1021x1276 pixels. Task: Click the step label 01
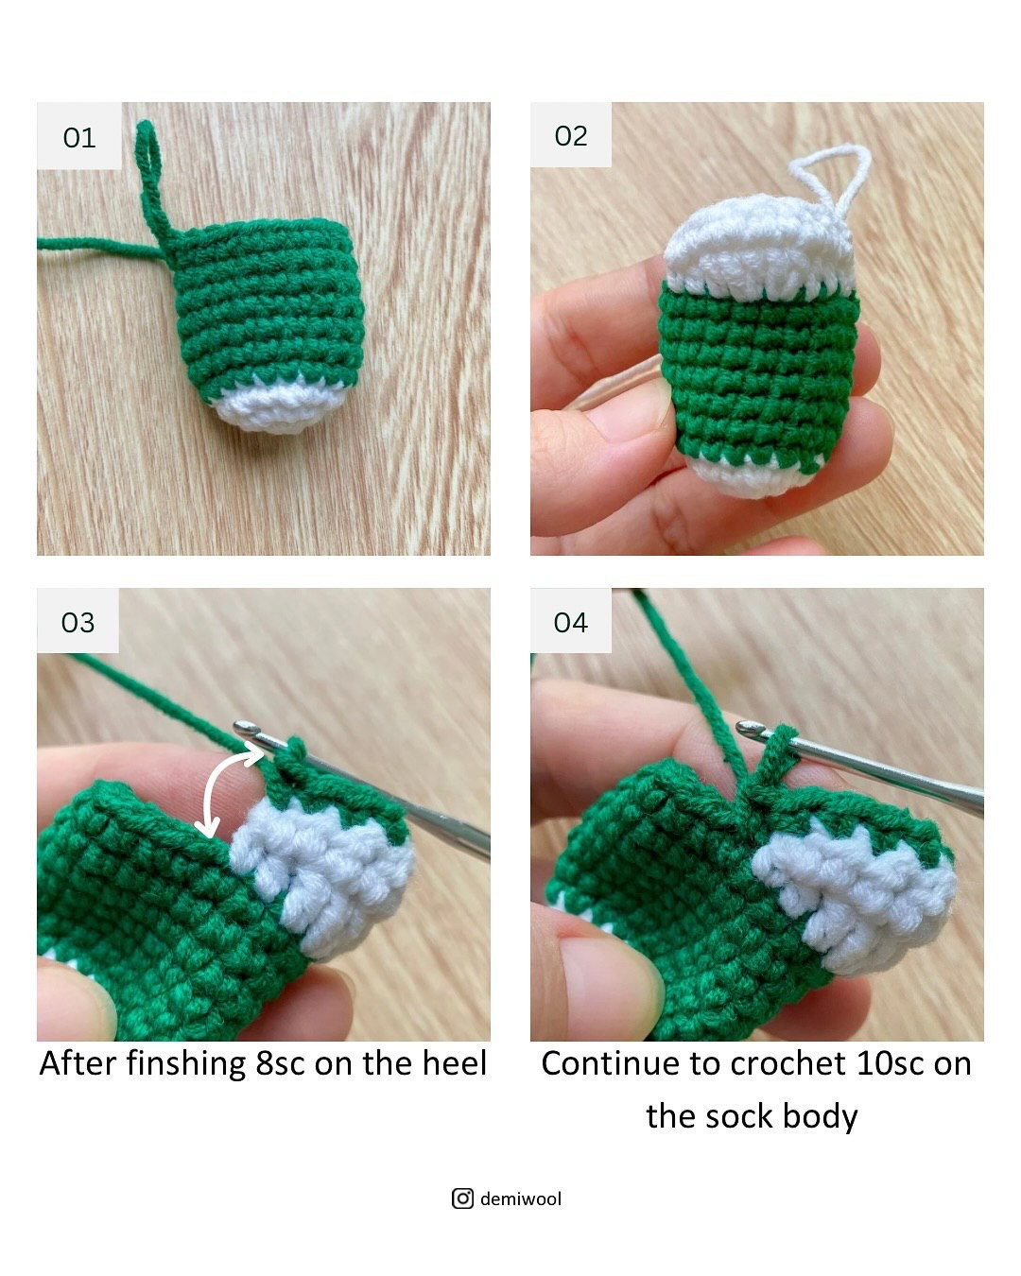point(79,138)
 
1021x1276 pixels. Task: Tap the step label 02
point(571,136)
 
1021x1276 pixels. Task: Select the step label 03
point(78,622)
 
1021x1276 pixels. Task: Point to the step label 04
point(571,622)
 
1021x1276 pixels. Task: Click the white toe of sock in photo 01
point(269,406)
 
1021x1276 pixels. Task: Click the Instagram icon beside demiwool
point(462,1198)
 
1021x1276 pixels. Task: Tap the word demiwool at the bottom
point(521,1198)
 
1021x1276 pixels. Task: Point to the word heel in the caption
point(455,1063)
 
